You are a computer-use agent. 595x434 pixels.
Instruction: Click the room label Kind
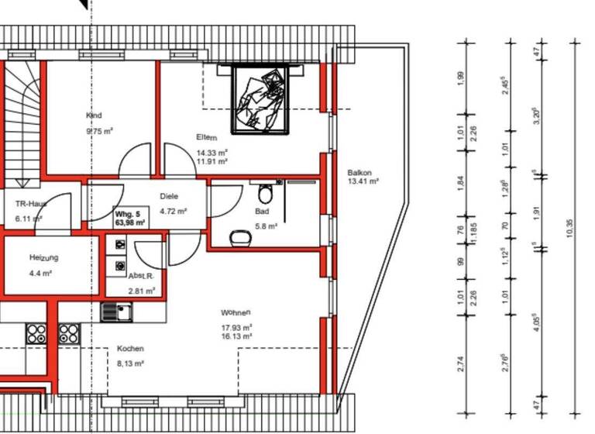click(x=94, y=115)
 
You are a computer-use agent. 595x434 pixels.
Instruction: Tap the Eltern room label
click(x=207, y=137)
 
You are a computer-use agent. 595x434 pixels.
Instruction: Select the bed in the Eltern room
click(x=261, y=99)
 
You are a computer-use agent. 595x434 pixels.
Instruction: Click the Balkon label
click(x=359, y=173)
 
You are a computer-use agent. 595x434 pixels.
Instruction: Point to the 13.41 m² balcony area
click(x=363, y=182)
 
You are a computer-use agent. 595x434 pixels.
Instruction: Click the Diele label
click(x=169, y=197)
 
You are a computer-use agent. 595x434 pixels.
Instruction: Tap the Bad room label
click(x=262, y=211)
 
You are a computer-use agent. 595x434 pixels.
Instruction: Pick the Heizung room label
click(x=44, y=257)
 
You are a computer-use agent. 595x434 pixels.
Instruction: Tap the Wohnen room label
click(x=236, y=313)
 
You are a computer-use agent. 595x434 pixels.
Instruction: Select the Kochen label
click(x=130, y=349)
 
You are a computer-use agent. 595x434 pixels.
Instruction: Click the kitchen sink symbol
click(x=118, y=312)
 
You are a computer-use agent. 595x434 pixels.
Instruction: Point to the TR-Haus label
click(x=31, y=204)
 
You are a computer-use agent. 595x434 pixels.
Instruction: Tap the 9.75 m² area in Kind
click(x=99, y=132)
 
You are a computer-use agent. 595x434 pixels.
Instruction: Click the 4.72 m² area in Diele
click(x=173, y=211)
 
